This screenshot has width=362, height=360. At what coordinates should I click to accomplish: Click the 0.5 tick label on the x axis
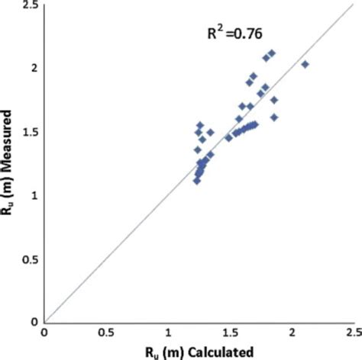click(106, 333)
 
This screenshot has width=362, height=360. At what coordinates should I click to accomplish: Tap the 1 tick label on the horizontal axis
click(169, 333)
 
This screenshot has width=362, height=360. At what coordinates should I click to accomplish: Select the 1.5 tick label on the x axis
click(230, 333)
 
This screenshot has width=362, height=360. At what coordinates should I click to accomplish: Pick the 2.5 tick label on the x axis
click(352, 333)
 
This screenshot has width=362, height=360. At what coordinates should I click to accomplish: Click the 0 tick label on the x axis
click(45, 333)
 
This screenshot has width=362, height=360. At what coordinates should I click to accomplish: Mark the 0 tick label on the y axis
click(34, 322)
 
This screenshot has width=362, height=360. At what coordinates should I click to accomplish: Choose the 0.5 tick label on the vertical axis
click(29, 259)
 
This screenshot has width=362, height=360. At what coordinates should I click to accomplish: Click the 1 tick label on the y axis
click(34, 195)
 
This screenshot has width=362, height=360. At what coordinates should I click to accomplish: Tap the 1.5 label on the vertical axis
click(29, 131)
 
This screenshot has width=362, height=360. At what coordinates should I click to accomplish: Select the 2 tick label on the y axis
click(34, 68)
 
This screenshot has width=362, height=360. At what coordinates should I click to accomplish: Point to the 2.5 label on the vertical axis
click(29, 5)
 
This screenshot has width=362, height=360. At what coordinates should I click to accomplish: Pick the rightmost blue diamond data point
click(305, 65)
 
